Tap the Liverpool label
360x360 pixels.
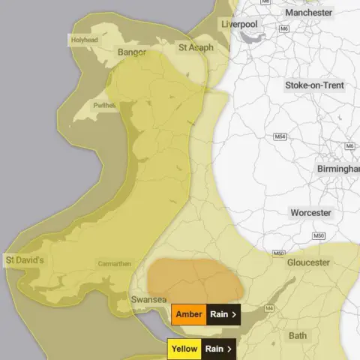point(240,25)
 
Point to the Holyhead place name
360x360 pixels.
point(85,40)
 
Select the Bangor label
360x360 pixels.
point(132,52)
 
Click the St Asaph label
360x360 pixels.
point(195,47)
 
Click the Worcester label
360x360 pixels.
point(310,213)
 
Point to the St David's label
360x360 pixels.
point(25,260)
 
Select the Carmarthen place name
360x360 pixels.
point(114,264)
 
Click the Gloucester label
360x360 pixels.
point(307,262)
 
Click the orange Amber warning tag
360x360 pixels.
point(188,314)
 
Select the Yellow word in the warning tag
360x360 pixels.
point(184,349)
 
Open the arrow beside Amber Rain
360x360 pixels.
point(234,315)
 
